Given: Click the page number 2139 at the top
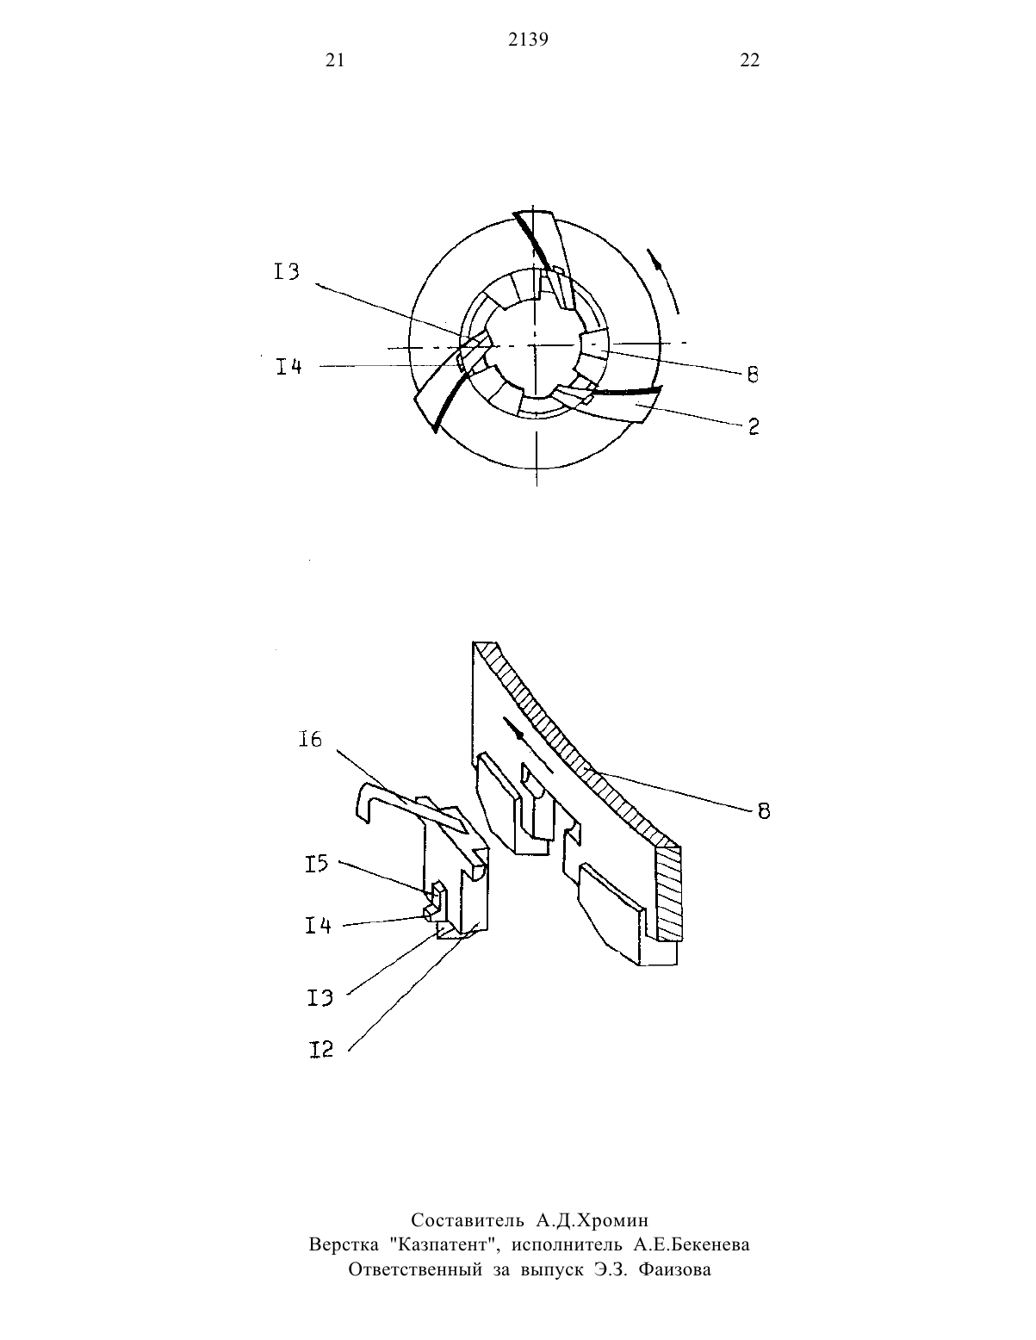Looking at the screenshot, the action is click(x=528, y=40).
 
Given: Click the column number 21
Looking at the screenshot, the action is click(x=335, y=59).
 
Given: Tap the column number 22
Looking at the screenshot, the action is click(x=750, y=59).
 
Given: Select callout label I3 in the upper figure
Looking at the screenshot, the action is click(x=287, y=271).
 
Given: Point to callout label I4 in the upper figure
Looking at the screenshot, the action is click(x=288, y=367).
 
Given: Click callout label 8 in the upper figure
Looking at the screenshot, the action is click(x=753, y=375).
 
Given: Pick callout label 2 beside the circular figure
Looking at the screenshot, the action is click(x=754, y=426).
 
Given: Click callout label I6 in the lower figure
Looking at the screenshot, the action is click(x=310, y=739).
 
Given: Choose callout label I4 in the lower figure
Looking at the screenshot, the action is click(x=318, y=925).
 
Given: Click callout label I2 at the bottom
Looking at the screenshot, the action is click(x=320, y=1049).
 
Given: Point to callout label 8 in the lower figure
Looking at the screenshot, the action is click(x=763, y=811).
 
